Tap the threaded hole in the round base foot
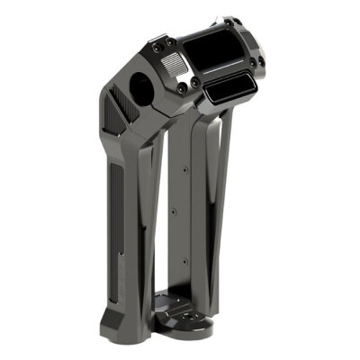tap(190, 321)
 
